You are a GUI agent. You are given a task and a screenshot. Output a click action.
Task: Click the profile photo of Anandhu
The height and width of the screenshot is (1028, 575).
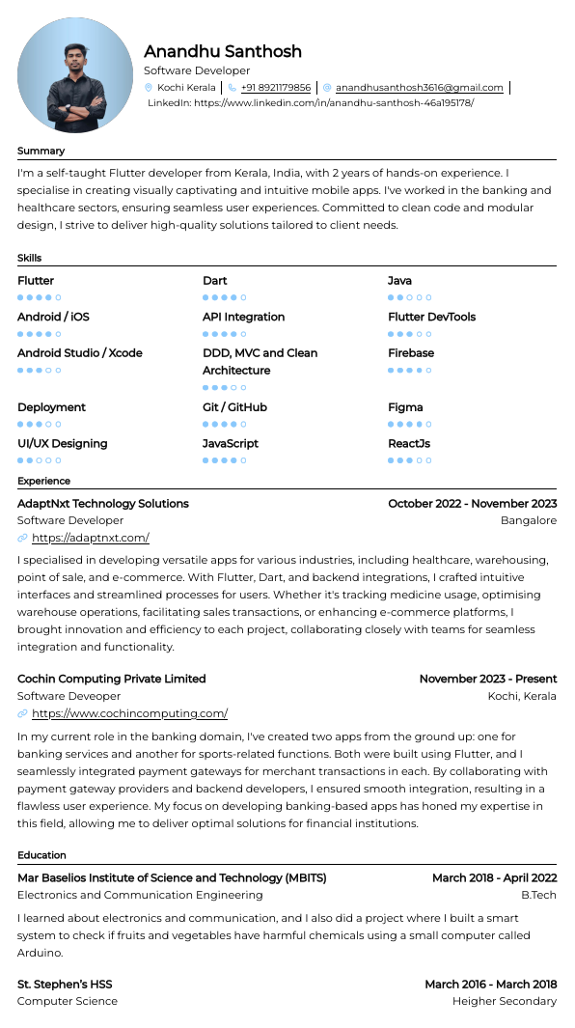tap(76, 75)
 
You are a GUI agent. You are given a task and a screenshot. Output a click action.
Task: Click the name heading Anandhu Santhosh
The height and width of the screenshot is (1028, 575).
tap(223, 52)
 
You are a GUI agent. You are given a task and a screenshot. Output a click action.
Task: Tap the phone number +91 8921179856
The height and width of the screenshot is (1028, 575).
tap(275, 88)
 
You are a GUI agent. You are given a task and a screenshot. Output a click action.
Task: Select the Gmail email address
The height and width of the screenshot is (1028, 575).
tap(419, 88)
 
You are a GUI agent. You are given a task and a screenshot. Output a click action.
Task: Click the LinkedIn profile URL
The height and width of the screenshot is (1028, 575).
tap(333, 102)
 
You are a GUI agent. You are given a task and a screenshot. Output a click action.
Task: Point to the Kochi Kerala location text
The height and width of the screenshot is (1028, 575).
tap(186, 88)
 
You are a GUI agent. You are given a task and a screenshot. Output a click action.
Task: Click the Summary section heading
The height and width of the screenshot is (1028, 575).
tap(41, 151)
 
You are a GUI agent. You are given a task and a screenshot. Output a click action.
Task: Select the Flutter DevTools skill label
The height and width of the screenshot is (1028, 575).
tap(431, 317)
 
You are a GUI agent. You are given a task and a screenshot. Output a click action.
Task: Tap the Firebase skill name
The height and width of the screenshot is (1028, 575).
tap(411, 353)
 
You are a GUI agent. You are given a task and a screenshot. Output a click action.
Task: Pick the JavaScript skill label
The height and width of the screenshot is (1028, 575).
tap(231, 444)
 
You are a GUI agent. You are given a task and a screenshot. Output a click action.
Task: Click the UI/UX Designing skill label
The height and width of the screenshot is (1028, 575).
tap(63, 444)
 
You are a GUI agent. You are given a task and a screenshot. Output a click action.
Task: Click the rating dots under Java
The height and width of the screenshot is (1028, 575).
tap(409, 297)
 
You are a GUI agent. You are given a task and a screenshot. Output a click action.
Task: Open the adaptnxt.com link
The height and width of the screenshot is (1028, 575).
tap(91, 539)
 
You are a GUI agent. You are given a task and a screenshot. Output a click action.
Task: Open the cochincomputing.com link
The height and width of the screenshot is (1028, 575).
tap(129, 714)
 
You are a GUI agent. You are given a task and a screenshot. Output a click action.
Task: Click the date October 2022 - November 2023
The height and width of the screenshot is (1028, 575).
tap(472, 504)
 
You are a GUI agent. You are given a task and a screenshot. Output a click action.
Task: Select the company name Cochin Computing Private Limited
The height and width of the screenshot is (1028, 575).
tap(112, 680)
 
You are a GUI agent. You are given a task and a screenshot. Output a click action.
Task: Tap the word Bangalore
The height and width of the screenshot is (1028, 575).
tap(528, 521)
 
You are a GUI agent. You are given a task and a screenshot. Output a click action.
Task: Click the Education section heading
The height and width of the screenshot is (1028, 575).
tap(41, 855)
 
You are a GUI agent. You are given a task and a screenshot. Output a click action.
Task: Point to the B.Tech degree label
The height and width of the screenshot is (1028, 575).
tap(538, 895)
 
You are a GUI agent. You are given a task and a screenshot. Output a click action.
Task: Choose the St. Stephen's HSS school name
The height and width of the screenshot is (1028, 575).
tap(65, 985)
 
